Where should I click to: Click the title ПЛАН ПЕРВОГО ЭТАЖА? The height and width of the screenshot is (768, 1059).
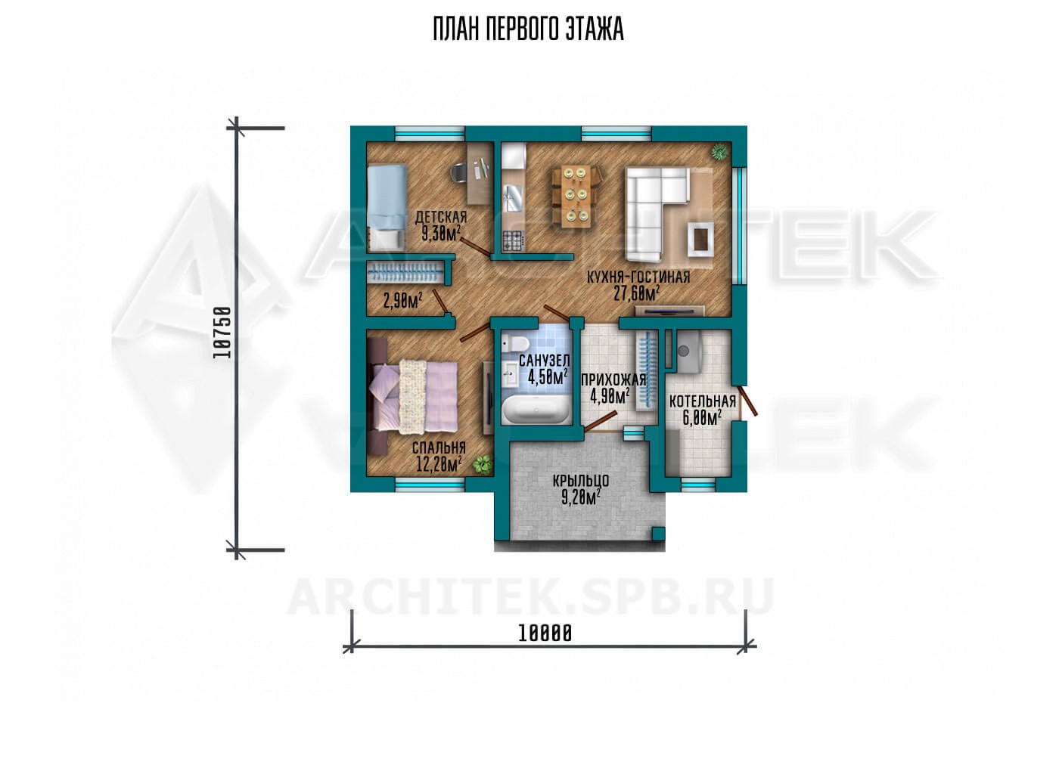click(528, 29)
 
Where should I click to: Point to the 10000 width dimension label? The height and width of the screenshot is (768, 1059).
click(545, 633)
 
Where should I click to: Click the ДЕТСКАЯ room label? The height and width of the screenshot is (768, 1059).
click(440, 217)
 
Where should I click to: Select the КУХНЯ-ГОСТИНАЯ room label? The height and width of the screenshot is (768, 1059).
click(638, 277)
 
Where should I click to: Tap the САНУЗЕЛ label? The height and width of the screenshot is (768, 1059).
click(544, 361)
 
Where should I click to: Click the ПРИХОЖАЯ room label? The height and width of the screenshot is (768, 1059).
click(613, 379)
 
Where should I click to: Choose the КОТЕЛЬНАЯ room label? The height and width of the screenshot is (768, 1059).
click(703, 401)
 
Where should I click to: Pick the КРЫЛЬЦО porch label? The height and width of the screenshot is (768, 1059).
click(581, 481)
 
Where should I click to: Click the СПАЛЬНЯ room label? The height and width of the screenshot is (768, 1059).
click(439, 447)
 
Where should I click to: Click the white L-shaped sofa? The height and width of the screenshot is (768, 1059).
click(657, 212)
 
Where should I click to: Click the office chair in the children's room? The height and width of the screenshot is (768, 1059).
click(460, 172)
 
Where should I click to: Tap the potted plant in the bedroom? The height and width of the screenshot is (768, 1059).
click(483, 464)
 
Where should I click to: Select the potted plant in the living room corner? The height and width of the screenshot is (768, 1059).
click(720, 152)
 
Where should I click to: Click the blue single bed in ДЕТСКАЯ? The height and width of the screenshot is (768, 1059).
click(387, 207)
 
